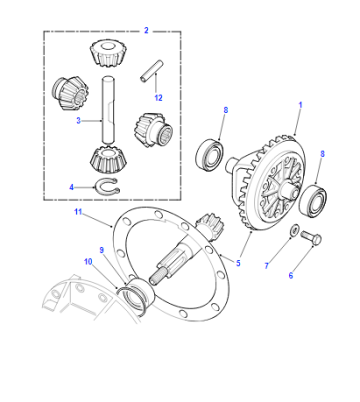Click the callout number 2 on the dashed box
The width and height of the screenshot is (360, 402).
(x=146, y=30)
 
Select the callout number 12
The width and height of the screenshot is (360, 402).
(x=158, y=98)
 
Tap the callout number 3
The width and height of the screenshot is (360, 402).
(x=78, y=121)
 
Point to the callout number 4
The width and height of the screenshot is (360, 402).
(x=71, y=187)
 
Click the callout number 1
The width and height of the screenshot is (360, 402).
(x=300, y=105)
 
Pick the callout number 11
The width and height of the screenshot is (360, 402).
(x=78, y=212)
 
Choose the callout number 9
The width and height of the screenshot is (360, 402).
(x=102, y=250)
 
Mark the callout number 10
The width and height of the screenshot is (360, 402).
(x=88, y=262)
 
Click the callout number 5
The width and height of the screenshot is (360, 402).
(x=238, y=263)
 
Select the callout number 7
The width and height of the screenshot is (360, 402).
(x=267, y=266)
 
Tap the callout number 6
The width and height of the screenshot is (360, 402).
(x=291, y=275)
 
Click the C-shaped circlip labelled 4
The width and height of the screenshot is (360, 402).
(x=107, y=186)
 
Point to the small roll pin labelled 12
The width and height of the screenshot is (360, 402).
(x=151, y=70)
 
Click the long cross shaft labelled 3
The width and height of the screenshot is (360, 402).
(x=108, y=110)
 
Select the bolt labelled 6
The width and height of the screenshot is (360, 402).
(x=311, y=237)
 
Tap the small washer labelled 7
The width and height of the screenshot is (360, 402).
(x=294, y=231)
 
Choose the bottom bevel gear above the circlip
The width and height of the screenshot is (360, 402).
(x=107, y=160)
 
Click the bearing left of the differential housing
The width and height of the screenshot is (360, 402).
(x=209, y=155)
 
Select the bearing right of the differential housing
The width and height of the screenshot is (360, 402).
(x=312, y=200)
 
